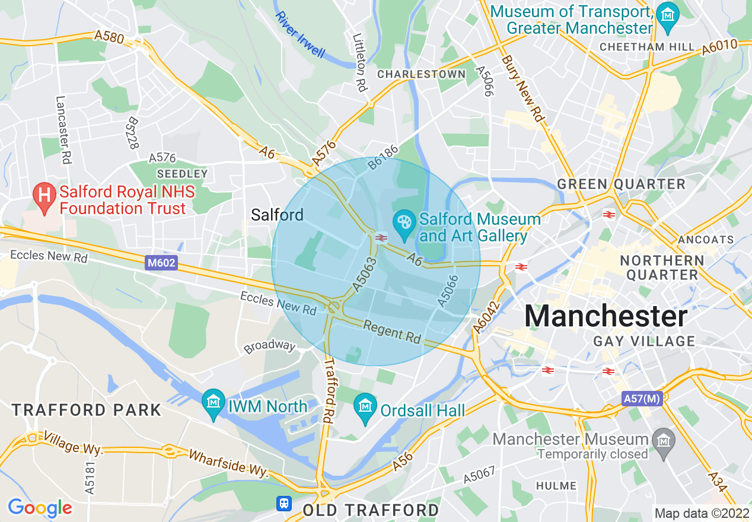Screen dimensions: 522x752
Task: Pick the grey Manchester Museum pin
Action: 663,440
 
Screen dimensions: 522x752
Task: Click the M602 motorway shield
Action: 161,263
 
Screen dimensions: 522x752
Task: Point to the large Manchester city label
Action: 606,316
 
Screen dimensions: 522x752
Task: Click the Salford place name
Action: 277,215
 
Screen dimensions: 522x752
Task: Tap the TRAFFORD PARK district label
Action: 87,410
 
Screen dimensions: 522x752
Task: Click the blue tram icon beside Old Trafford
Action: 285,504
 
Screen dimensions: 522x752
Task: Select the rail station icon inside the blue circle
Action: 381,238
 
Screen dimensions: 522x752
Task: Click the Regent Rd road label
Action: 391,332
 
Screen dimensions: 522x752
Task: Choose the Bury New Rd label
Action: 522,89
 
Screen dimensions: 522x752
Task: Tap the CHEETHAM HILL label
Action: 647,47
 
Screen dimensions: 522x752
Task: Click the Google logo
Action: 40,508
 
